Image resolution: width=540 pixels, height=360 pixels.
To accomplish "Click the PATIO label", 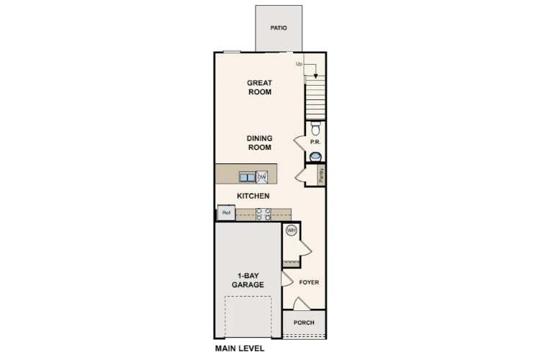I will pos(279,29).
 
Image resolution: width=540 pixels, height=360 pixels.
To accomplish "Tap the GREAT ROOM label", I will pos(259,87).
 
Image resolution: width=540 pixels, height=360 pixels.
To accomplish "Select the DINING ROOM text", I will pos(259,143).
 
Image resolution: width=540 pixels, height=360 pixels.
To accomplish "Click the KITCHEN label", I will pos(253,196).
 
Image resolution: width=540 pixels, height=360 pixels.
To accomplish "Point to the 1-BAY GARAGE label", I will pos(247,280).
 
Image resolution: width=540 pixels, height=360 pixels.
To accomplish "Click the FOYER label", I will pos(309,282).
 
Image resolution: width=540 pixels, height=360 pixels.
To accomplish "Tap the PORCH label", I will pos(304,323).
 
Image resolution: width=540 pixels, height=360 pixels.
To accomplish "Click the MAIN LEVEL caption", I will pos(240,348).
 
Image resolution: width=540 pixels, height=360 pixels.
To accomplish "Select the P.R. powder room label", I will pos(315,142).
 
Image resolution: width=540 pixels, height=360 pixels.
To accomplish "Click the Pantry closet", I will pos(320,175).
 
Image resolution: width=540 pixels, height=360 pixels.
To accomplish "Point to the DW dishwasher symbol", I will pos(262,176).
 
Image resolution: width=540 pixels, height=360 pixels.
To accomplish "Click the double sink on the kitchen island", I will pos(247,176).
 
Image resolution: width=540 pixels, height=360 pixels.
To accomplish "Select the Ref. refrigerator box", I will pos(226,213).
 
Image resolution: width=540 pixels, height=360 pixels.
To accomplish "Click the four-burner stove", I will pos(263,213).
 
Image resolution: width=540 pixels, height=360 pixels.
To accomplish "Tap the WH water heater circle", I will pos(292,230).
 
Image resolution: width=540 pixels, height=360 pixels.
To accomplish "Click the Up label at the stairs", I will pos(299,65).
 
